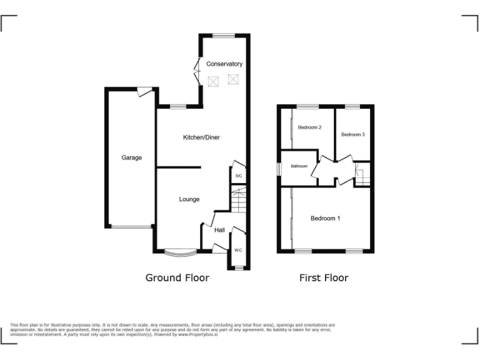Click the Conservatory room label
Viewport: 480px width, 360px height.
[x=224, y=64]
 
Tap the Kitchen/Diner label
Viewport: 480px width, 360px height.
[x=201, y=137]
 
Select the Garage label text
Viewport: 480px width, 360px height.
[x=131, y=158]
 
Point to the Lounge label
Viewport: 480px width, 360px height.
[x=189, y=199]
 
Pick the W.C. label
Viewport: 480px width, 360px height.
[x=238, y=251]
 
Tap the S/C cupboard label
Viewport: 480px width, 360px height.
[x=238, y=176]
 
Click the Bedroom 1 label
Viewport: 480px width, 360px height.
[x=325, y=219]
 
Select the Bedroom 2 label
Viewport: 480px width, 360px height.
[x=309, y=128]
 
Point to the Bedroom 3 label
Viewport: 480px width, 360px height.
[x=352, y=134]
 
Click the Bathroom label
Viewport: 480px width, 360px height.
[x=299, y=166]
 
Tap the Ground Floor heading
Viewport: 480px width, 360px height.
[x=177, y=277]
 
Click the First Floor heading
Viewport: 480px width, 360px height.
[x=324, y=277]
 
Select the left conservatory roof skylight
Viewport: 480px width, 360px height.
[x=213, y=81]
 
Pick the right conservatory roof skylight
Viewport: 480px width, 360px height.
[x=233, y=79]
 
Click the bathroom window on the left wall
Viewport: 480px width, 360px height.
[x=279, y=169]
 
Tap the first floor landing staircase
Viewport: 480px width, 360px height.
[x=362, y=175]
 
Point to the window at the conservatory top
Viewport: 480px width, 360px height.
[x=223, y=36]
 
